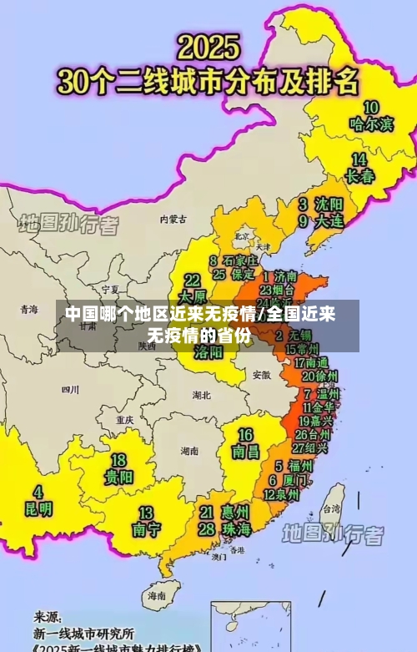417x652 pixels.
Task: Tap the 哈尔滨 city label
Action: click(x=371, y=124)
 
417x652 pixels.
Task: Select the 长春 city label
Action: click(x=359, y=176)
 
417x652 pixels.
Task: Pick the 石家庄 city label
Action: click(x=239, y=260)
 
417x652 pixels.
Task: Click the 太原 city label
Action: click(x=192, y=296)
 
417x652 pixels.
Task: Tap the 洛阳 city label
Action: click(x=208, y=351)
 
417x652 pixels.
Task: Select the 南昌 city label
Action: click(x=245, y=452)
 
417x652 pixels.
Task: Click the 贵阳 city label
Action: click(x=118, y=478)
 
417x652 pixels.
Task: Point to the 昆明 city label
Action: click(x=37, y=508)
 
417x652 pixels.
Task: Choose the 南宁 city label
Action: click(x=146, y=529)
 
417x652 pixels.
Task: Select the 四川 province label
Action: click(x=70, y=389)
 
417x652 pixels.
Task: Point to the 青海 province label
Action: click(x=29, y=309)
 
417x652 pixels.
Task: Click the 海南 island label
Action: click(x=157, y=596)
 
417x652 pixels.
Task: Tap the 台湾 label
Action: click(x=331, y=508)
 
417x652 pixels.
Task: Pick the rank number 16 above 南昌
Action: click(x=245, y=435)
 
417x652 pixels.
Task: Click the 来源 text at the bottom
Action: click(x=48, y=617)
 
